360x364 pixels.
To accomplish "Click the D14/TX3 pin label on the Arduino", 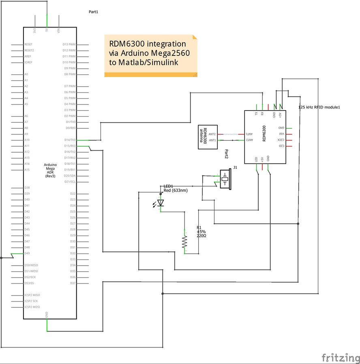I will pyautogui.click(x=69, y=140).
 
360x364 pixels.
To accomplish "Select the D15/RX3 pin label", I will pyautogui.click(x=69, y=146).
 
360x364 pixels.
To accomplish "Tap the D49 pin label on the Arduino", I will pyautogui.click(x=27, y=253).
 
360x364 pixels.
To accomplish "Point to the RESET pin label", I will pyautogui.click(x=29, y=45).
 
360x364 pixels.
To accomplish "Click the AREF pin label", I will pyautogui.click(x=28, y=56).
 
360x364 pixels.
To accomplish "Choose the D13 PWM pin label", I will pyautogui.click(x=69, y=45).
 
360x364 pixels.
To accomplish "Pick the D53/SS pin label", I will pyautogui.click(x=29, y=283).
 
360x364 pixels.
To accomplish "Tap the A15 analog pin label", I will pyautogui.click(x=27, y=170).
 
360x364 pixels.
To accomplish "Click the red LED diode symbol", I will pyautogui.click(x=161, y=202).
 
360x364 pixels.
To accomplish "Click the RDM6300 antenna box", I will pyautogui.click(x=208, y=137).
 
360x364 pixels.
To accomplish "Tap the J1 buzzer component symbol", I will pyautogui.click(x=225, y=179).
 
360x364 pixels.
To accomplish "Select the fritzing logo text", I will pyautogui.click(x=341, y=358).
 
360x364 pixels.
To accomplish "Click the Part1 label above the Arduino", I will pyautogui.click(x=94, y=12).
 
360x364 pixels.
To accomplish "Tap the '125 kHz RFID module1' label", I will pyautogui.click(x=319, y=107).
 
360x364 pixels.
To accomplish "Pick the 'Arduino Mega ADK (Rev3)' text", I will pyautogui.click(x=50, y=170).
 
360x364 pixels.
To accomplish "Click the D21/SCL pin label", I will pyautogui.click(x=70, y=181).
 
